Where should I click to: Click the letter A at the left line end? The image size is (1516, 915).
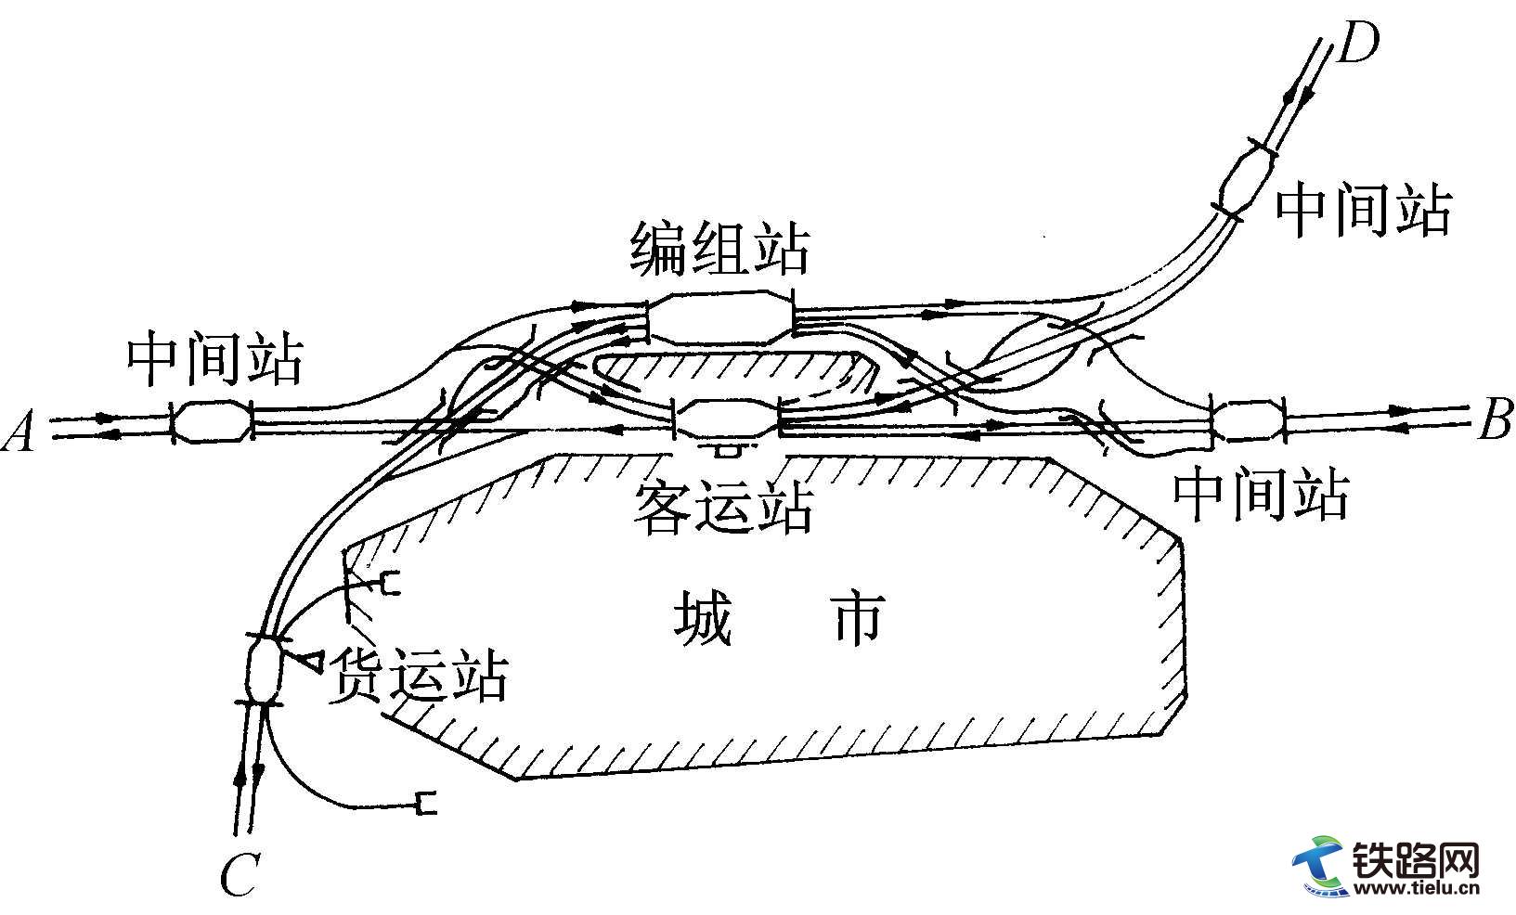(x=20, y=432)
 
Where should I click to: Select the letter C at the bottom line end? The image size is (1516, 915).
(x=238, y=874)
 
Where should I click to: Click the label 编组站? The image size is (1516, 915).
(x=719, y=248)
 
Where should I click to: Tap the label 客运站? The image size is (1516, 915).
(x=723, y=508)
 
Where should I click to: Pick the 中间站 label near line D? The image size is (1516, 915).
(x=1363, y=211)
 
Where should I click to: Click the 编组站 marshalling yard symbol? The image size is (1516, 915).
(x=719, y=319)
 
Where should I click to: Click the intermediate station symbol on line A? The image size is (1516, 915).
(x=213, y=422)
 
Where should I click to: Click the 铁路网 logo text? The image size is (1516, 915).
(x=1413, y=862)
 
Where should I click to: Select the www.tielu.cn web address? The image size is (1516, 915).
(x=1415, y=890)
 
